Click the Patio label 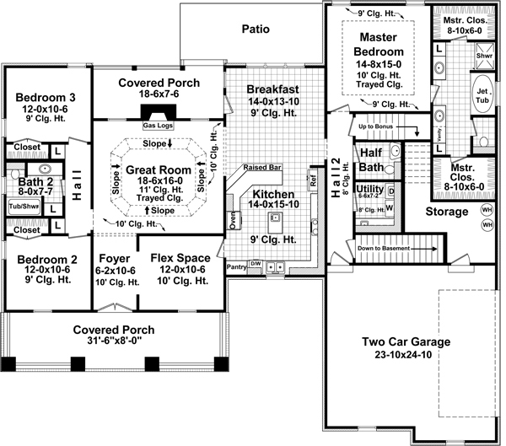256,30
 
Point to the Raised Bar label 262,167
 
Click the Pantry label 236,266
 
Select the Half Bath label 371,159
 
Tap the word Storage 446,211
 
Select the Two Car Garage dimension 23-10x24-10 406,355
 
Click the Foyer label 114,258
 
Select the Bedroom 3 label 40,98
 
